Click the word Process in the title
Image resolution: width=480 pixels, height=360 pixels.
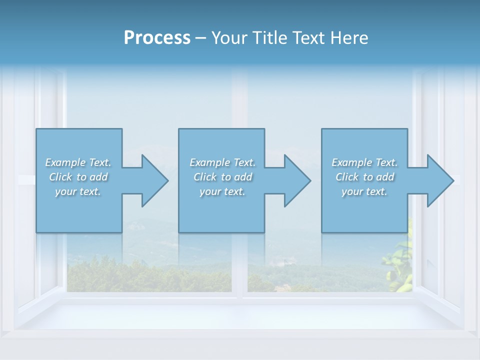coord(157,38)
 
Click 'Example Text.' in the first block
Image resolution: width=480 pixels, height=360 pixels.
coord(78,162)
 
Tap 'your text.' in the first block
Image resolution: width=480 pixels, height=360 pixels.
coord(78,191)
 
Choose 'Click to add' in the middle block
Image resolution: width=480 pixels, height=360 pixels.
coord(222,177)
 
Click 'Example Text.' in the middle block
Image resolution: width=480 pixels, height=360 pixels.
coord(222,162)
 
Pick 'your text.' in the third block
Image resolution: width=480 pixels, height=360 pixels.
coord(364,191)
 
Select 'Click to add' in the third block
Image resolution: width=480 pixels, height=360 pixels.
coord(364,177)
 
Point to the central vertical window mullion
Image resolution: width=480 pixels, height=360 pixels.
coord(239,265)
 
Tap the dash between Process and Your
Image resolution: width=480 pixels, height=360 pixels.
coord(200,38)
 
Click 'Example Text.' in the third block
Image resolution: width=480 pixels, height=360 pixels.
coord(364,162)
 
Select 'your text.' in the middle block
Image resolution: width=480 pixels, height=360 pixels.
coord(222,191)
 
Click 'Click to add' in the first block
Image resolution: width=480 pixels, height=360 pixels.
coord(78,177)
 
